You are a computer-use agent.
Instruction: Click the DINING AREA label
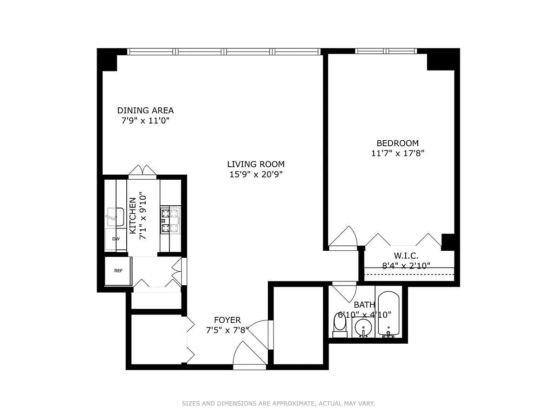point(145,111)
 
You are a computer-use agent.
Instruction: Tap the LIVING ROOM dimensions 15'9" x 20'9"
point(256,175)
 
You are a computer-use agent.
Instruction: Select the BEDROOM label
point(397,143)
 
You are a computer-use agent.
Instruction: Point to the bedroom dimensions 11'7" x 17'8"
point(398,154)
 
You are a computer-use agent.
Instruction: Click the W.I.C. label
point(406,255)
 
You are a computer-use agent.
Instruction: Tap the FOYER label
point(227,320)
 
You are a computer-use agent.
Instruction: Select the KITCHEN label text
point(133,216)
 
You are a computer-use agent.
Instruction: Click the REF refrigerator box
point(118,271)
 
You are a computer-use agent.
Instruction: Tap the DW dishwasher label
point(116,239)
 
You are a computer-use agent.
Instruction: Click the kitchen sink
point(116,217)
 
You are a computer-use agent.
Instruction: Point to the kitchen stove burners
point(170,220)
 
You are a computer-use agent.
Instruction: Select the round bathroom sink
point(363,327)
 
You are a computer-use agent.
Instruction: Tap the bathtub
point(388,314)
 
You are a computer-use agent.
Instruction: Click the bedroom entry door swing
point(343,237)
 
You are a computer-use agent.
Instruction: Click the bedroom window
point(386,51)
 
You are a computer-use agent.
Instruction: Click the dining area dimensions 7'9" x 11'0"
point(145,121)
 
